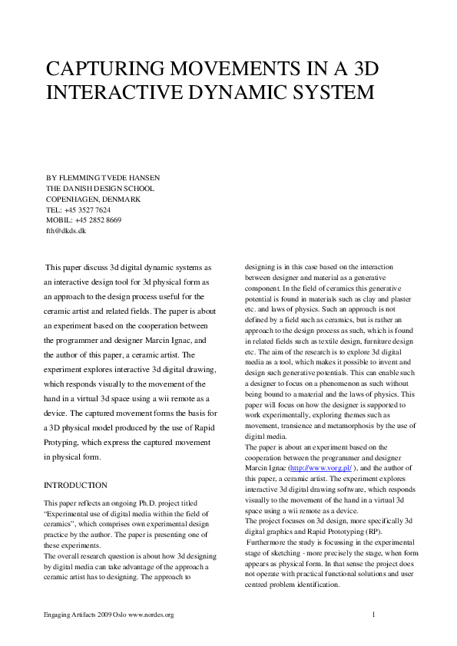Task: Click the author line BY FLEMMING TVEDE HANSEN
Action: click(x=103, y=177)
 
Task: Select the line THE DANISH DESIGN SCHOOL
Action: click(x=100, y=188)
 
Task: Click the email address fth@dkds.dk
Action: click(x=66, y=230)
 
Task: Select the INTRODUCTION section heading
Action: click(x=75, y=486)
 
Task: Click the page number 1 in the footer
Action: click(x=373, y=615)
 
